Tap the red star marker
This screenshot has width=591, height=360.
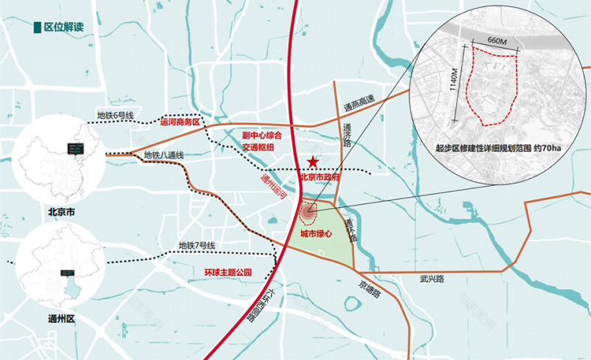click(314, 162)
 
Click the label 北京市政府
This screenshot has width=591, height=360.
click(319, 177)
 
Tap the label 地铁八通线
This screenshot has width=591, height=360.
click(164, 155)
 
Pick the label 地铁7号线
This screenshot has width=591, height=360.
click(196, 246)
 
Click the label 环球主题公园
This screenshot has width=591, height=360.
click(228, 272)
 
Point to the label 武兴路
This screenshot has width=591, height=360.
click(433, 280)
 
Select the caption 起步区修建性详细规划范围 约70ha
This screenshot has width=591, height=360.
click(499, 149)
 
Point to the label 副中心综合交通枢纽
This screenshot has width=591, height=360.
click(262, 141)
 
